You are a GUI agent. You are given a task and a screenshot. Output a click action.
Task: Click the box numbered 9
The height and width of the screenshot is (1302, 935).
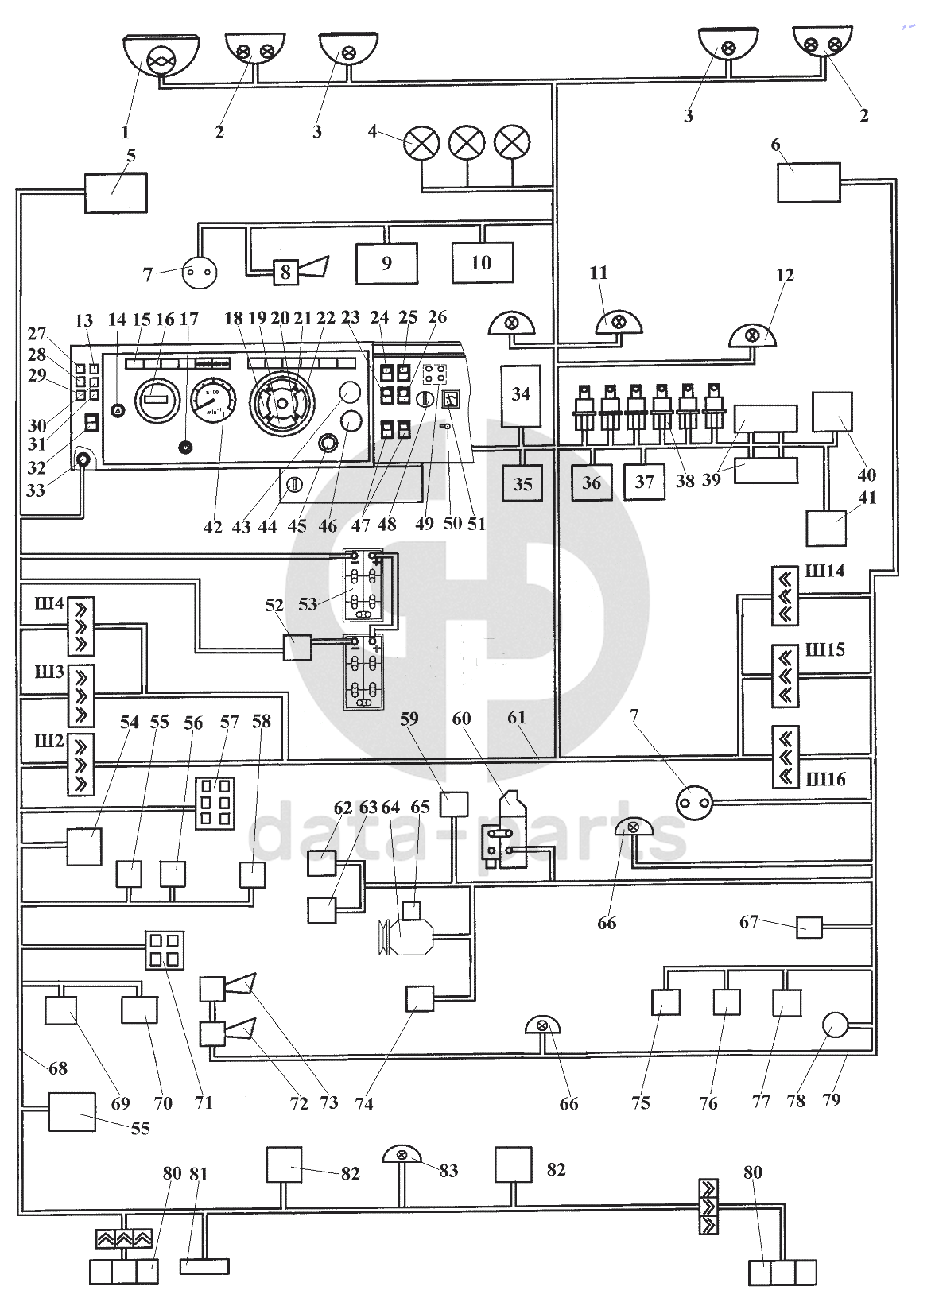click(x=386, y=264)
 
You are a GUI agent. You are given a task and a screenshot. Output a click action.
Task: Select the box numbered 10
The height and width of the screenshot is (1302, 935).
click(x=483, y=262)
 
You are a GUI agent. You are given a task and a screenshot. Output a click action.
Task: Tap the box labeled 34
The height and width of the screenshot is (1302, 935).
click(x=521, y=395)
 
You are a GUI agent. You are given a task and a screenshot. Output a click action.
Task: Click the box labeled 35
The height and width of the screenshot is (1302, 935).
click(x=522, y=484)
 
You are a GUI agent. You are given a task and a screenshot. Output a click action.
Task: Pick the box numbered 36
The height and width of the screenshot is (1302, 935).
click(x=592, y=482)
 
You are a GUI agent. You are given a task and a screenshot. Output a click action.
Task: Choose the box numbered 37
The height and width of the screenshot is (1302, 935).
click(x=644, y=482)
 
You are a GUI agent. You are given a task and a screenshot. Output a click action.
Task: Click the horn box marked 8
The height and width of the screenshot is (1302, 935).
click(x=285, y=273)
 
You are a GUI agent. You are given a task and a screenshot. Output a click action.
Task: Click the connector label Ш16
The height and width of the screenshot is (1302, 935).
click(x=825, y=779)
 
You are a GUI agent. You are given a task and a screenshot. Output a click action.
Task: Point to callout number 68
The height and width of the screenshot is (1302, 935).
click(x=58, y=1068)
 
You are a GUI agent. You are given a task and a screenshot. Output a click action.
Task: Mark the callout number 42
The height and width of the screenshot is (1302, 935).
click(x=213, y=527)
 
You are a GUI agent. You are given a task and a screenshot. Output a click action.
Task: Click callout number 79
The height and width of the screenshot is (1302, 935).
click(x=832, y=1099)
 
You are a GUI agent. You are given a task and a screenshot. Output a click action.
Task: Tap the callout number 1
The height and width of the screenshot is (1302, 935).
click(x=125, y=131)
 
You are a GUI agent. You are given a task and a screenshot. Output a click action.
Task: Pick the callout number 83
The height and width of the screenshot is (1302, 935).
click(x=448, y=1171)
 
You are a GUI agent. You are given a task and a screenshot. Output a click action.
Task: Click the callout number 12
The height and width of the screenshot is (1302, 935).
click(x=786, y=276)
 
